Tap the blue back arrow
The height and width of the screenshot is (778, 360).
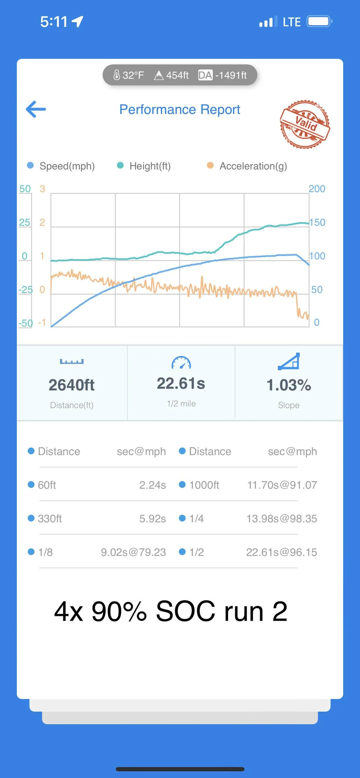click(x=36, y=109)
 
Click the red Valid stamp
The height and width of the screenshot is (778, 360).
click(x=305, y=124)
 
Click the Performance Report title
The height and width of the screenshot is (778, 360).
click(x=180, y=110)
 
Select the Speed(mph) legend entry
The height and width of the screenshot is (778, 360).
click(x=61, y=166)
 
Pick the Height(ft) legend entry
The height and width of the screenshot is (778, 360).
click(x=144, y=166)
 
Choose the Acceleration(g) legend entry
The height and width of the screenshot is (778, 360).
click(x=247, y=166)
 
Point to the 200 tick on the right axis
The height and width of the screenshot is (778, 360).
click(x=317, y=189)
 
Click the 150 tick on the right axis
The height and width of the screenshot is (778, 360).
click(x=317, y=222)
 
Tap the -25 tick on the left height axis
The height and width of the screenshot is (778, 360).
click(x=26, y=289)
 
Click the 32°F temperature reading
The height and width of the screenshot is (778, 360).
click(x=128, y=75)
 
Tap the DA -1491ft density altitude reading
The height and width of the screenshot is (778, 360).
click(x=222, y=75)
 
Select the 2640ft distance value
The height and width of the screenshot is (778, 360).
click(x=72, y=385)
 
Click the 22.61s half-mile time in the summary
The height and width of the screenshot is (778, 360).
click(x=181, y=383)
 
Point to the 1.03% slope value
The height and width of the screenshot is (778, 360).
click(x=289, y=385)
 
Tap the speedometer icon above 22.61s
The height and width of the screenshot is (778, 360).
click(x=181, y=362)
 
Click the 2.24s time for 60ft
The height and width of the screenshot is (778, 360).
click(x=152, y=485)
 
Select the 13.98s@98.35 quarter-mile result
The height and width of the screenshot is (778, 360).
click(x=282, y=519)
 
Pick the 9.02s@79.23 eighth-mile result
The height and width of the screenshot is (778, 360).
click(x=133, y=552)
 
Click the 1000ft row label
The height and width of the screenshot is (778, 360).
click(x=204, y=485)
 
